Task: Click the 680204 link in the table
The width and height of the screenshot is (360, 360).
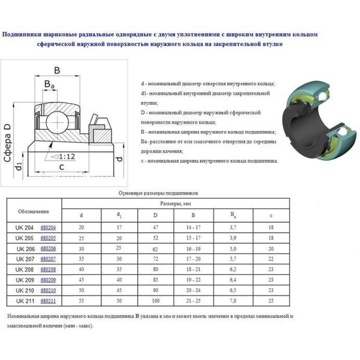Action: pos(48,228)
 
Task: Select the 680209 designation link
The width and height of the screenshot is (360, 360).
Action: pos(48,280)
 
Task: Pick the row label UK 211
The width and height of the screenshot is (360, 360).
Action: pos(25,301)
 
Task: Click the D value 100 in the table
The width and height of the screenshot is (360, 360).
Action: pos(155,301)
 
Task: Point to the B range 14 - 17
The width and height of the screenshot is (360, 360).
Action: pos(193,228)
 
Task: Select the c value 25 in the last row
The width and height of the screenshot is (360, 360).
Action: pos(271,301)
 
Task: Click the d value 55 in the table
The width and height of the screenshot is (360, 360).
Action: pos(81,301)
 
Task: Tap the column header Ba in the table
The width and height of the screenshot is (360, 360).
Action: pos(233,215)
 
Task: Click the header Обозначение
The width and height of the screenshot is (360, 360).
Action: pos(33,211)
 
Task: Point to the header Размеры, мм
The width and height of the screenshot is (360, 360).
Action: pos(175,204)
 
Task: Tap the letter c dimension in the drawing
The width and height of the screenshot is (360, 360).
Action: pos(62,167)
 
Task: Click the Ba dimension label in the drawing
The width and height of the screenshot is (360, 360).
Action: pos(49,85)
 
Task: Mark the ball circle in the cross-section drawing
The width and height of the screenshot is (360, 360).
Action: pos(57,121)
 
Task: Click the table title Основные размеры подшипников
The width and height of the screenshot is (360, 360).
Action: pos(159,193)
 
